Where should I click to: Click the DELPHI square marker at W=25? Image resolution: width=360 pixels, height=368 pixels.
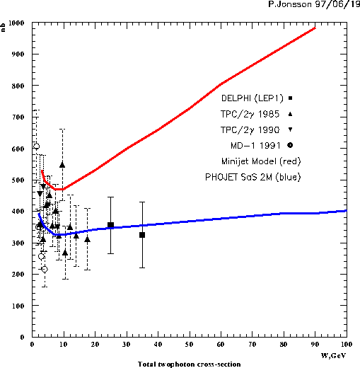click(x=110, y=225)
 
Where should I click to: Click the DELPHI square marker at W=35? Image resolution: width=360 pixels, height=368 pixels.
click(x=142, y=235)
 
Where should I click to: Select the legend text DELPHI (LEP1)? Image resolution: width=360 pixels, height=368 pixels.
click(x=252, y=98)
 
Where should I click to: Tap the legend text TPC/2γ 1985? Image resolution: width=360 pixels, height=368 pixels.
click(x=250, y=114)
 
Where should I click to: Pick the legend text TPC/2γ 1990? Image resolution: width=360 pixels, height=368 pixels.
click(x=250, y=130)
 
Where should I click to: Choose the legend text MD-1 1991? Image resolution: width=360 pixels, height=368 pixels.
click(x=255, y=146)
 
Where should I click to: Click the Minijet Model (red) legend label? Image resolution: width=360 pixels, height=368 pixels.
click(x=261, y=161)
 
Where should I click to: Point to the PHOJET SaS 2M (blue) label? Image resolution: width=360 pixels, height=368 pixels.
click(x=253, y=177)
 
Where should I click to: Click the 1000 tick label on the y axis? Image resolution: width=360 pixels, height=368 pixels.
click(x=16, y=23)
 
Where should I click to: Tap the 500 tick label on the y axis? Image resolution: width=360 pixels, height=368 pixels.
click(x=18, y=180)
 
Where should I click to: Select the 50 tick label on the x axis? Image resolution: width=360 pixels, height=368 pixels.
click(x=189, y=345)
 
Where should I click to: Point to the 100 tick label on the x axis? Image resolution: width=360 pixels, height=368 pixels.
click(x=347, y=345)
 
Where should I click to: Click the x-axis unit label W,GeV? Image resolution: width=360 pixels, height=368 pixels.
click(x=333, y=355)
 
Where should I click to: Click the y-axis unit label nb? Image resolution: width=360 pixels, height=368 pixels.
click(x=3, y=28)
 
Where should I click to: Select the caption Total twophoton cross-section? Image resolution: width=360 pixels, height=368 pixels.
click(x=189, y=364)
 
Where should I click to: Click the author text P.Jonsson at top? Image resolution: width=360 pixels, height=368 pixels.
click(x=290, y=4)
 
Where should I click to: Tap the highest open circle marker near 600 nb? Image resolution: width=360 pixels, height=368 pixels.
click(x=36, y=146)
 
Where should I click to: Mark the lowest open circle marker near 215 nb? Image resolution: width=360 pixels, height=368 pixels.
click(x=45, y=269)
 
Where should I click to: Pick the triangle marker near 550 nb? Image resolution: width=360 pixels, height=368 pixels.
click(x=62, y=165)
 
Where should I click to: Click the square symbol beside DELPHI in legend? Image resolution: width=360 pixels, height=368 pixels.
click(x=291, y=98)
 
